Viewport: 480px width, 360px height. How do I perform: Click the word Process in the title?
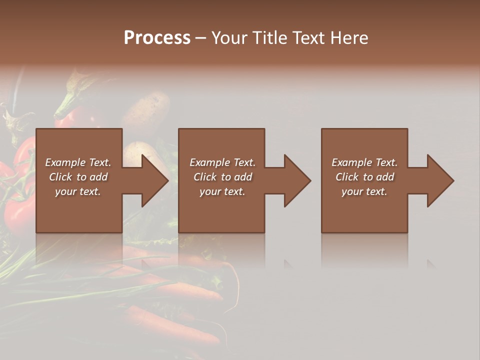pyautogui.click(x=157, y=38)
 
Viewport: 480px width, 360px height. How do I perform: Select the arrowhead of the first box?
pyautogui.click(x=153, y=180)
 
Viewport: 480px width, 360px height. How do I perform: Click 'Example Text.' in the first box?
pyautogui.click(x=78, y=162)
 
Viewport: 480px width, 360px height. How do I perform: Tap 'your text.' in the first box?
pyautogui.click(x=78, y=191)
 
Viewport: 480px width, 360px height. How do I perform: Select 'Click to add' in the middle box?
pyautogui.click(x=222, y=177)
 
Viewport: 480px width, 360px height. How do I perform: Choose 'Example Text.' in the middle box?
pyautogui.click(x=222, y=162)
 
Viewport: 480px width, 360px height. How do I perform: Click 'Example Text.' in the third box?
pyautogui.click(x=364, y=162)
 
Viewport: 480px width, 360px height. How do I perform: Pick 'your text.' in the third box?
pyautogui.click(x=364, y=191)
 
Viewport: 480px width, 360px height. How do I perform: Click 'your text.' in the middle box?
pyautogui.click(x=222, y=191)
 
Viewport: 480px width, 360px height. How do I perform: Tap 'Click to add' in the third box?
pyautogui.click(x=364, y=177)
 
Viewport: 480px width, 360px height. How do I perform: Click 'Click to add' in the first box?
pyautogui.click(x=78, y=177)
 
